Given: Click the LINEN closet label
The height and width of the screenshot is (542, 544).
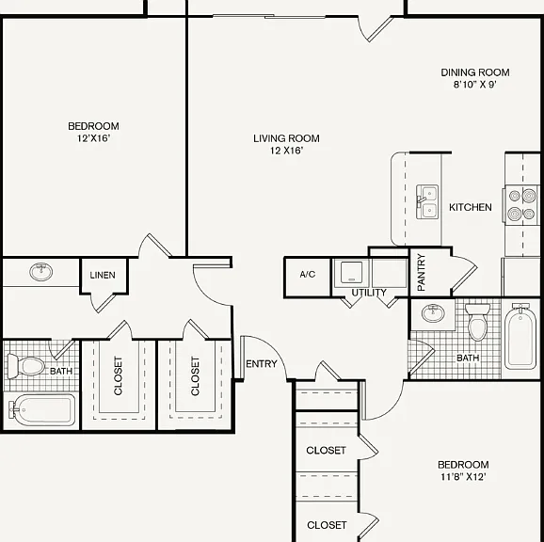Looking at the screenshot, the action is (x=103, y=275).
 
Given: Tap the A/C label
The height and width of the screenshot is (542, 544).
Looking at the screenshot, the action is (x=308, y=275).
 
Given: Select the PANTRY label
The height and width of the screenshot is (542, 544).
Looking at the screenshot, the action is (x=422, y=272).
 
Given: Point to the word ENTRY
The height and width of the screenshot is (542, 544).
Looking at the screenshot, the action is (x=262, y=364).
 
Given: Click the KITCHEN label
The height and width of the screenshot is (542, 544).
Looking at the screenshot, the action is (x=470, y=207).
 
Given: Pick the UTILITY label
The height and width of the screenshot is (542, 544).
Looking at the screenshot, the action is (x=369, y=293).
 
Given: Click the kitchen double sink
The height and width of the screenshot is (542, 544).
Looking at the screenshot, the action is (x=427, y=201).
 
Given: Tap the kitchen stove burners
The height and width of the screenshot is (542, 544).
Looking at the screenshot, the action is (x=521, y=205).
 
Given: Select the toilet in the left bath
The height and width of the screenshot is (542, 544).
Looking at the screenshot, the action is (x=26, y=366).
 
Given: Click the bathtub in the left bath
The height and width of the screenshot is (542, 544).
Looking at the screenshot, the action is (x=41, y=410).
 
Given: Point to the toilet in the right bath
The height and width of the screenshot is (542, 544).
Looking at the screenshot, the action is (x=477, y=322).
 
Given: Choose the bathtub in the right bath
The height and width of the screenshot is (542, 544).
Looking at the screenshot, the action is (x=520, y=336).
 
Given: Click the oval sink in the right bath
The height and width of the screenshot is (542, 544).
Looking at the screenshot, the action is (x=433, y=313).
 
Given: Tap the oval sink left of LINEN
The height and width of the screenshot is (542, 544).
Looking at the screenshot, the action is (x=41, y=272).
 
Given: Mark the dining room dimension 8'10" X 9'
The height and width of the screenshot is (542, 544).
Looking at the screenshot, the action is (x=475, y=85).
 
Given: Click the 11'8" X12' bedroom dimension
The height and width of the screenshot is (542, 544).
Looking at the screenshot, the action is (x=463, y=477).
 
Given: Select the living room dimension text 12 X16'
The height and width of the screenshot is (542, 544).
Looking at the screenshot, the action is (x=286, y=151).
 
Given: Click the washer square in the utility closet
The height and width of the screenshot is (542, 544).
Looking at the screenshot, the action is (x=351, y=273).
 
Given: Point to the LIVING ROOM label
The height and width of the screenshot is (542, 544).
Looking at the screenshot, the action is (x=286, y=138).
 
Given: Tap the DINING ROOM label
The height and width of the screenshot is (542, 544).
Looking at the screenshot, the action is (x=475, y=72).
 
